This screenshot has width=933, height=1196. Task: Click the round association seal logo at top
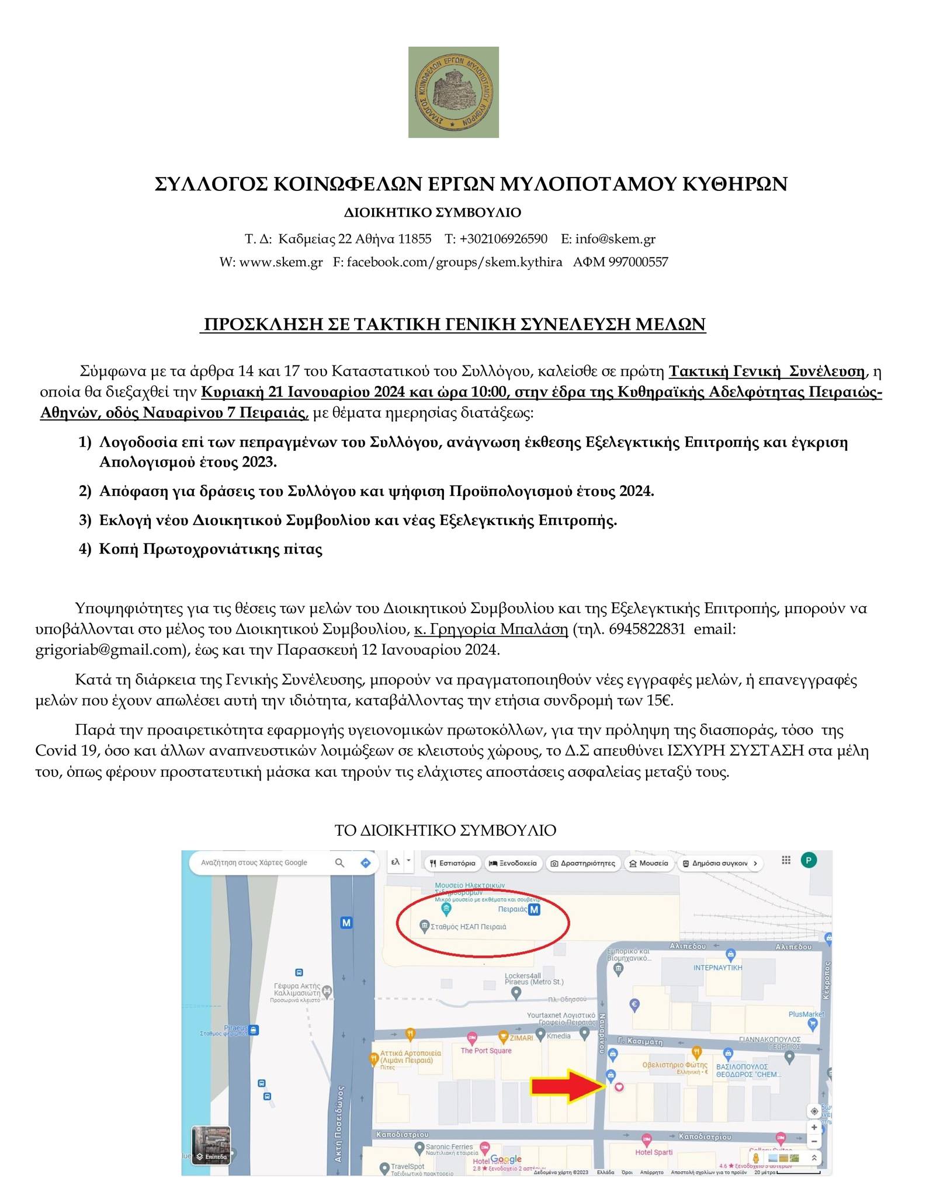coord(453,92)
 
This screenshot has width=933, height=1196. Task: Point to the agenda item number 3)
coord(85,520)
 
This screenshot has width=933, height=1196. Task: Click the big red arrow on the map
coord(567,1086)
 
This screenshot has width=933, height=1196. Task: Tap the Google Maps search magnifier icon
coord(339,863)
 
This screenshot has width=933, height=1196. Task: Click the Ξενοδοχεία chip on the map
coord(512,863)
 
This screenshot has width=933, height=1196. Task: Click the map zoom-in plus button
coord(814,1128)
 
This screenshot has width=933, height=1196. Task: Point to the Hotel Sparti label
coord(654,1152)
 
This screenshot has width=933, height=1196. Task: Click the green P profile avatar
coord(809,860)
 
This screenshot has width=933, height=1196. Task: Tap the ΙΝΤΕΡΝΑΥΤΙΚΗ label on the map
coord(717,968)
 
